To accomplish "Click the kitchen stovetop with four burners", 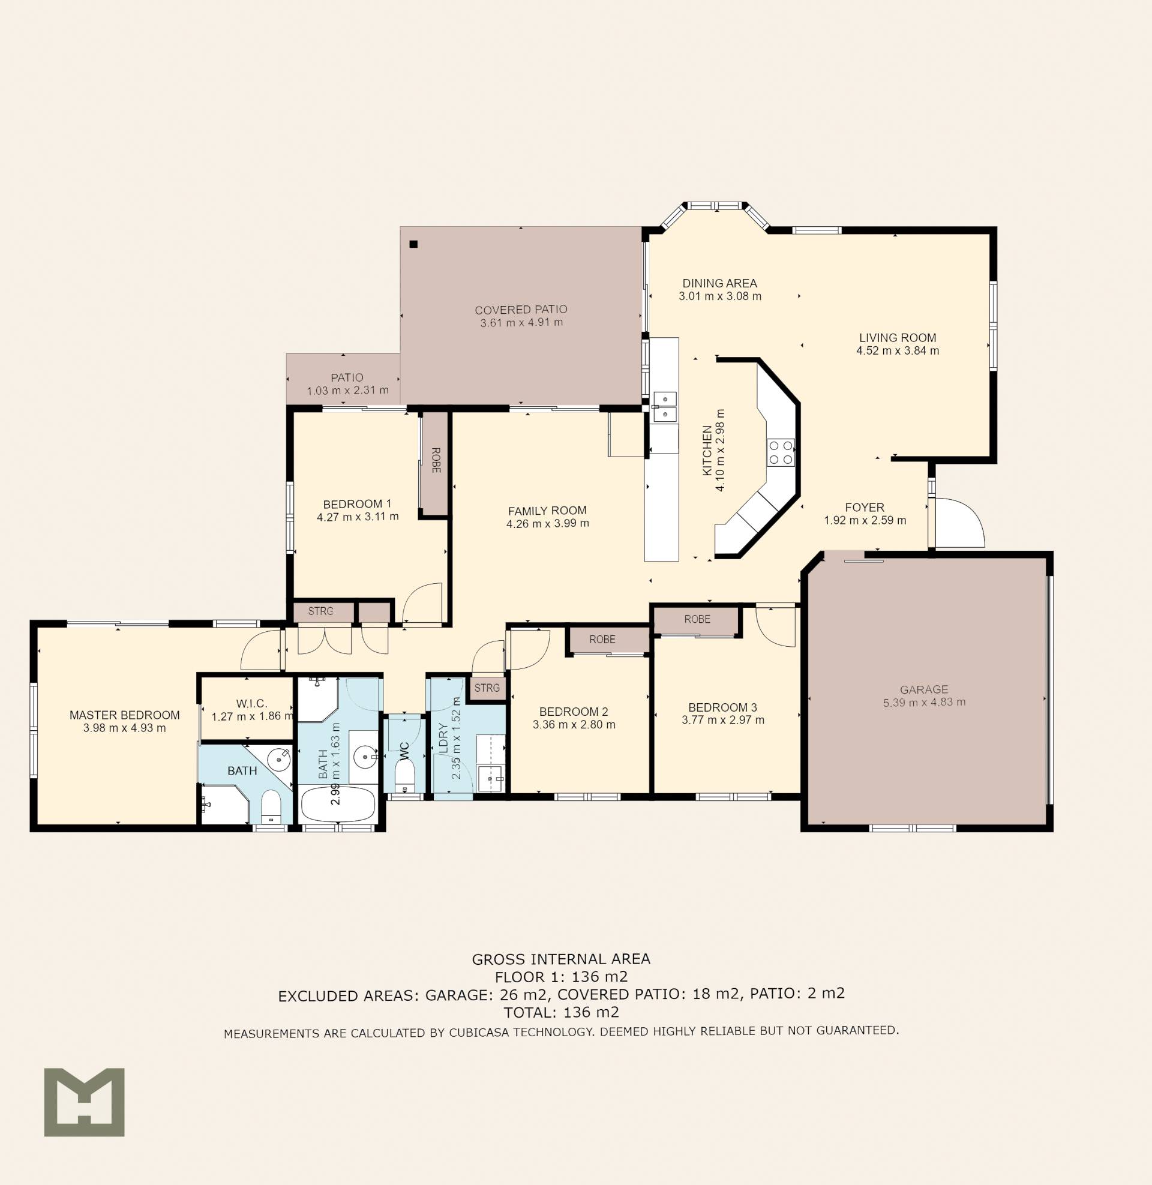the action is pos(781,452).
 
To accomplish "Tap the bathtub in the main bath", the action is pos(338,804).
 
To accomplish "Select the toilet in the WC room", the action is pos(404,775).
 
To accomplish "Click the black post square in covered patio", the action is pos(414,244).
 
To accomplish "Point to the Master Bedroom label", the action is pos(125,715).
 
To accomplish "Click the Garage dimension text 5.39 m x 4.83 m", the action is pos(924,702).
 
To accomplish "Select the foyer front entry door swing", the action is pos(959,523).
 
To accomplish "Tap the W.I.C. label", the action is pos(251,703).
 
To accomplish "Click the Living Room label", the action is pos(898,338).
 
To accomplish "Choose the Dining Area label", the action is pos(720,283).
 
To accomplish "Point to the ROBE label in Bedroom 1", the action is pos(436,460).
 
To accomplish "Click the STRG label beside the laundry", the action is pos(487,688).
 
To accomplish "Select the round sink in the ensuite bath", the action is pos(279,757).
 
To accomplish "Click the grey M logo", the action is pos(84,1102).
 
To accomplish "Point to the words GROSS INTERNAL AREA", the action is pos(561,959).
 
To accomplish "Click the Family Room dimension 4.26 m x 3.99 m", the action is pos(548,523).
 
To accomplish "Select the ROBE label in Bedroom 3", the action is pos(697,619).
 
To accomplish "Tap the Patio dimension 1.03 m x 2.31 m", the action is pos(348,391).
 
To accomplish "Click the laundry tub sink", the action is pos(490,777).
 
